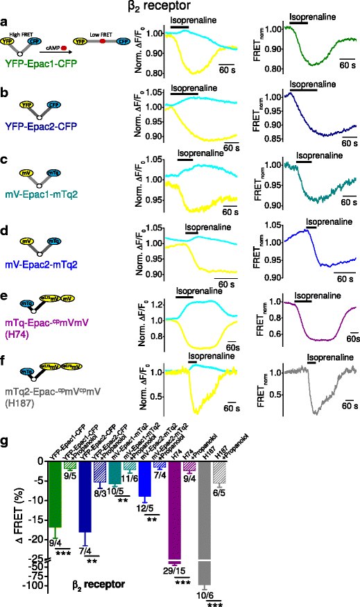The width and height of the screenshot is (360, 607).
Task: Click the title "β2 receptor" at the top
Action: coord(180,8)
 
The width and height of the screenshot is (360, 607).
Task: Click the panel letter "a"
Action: coord(5,23)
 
